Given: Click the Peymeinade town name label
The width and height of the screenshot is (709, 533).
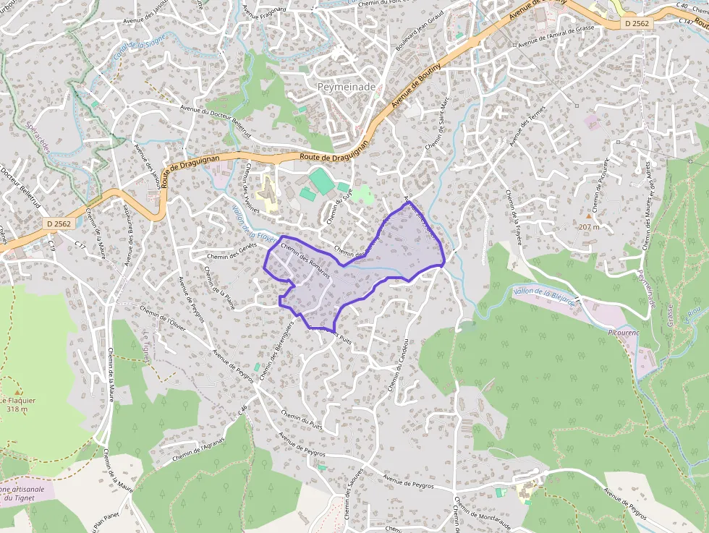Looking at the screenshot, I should tap(347, 87).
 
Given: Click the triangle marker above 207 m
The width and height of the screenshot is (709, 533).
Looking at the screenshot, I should tap(589, 216).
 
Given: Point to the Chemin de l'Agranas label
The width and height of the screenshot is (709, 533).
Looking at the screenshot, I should tap(199, 451).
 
